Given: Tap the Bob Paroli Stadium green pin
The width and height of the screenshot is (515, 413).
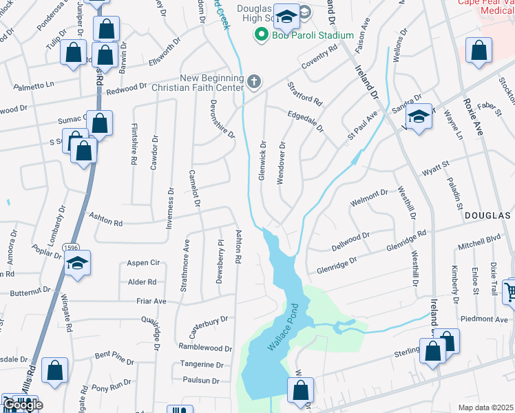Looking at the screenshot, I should click(x=261, y=34).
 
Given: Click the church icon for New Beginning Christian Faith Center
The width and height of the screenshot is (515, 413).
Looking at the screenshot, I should click(x=254, y=83).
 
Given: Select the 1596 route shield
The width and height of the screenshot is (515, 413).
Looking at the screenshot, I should click(x=71, y=247).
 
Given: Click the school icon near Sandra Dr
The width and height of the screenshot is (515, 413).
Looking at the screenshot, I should click(x=418, y=116).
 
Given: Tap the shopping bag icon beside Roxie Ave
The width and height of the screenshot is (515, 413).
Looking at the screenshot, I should click(x=479, y=51).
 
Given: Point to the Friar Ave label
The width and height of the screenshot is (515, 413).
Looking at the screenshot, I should click(x=151, y=301).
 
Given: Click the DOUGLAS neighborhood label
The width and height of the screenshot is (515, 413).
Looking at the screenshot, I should click(x=488, y=215).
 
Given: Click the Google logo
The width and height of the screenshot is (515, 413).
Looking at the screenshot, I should click(x=23, y=405).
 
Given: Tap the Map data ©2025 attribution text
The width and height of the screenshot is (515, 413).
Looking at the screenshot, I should click(x=485, y=407).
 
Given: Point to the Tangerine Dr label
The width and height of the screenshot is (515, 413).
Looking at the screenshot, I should click(x=202, y=365).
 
